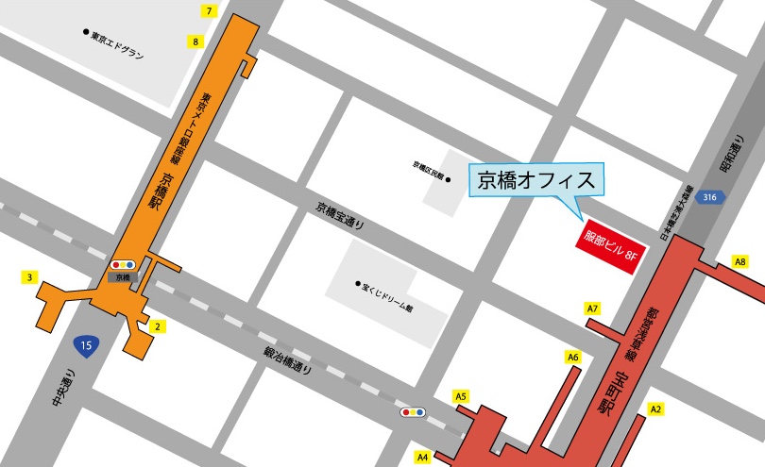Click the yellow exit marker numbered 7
(210, 10)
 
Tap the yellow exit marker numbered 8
(196, 42)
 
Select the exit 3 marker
(31, 277)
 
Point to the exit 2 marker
(159, 327)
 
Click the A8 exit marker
(740, 262)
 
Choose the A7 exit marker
(593, 309)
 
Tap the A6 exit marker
(572, 357)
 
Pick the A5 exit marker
(462, 397)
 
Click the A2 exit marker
(656, 409)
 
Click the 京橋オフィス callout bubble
(535, 179)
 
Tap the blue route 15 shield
(86, 345)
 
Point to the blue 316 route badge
(712, 196)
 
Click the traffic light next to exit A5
(413, 412)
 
